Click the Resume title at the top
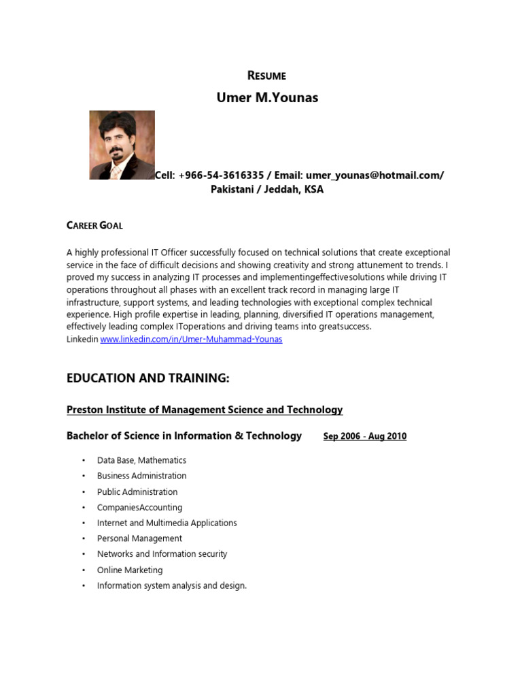[266, 76]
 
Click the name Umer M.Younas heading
[266, 97]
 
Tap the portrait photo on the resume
[122, 145]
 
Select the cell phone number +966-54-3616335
[220, 175]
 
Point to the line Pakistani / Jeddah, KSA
[267, 190]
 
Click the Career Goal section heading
[94, 225]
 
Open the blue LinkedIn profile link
[191, 339]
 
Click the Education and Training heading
[148, 378]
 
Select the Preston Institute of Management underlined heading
[205, 410]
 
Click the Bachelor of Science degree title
[184, 436]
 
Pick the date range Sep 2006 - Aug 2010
[365, 436]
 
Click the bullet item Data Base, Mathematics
[141, 460]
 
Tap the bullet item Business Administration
[141, 476]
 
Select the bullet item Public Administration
[137, 491]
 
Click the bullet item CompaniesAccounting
[139, 507]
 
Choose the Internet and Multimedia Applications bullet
[167, 523]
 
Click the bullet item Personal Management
[139, 538]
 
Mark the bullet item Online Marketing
[130, 570]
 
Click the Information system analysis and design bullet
[171, 585]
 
